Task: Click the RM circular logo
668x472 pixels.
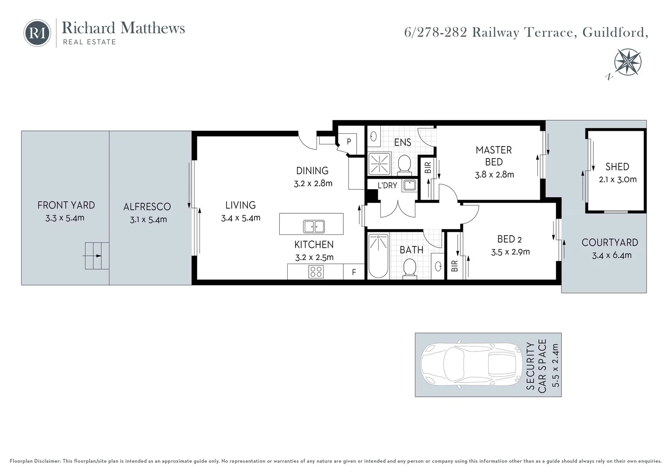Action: [37, 33]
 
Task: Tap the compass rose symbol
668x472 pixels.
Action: [627, 62]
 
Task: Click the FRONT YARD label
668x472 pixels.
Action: [66, 205]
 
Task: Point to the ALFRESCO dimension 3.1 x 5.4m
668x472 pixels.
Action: [148, 219]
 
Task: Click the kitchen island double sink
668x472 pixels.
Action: [314, 226]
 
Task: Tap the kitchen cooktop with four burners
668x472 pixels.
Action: [316, 272]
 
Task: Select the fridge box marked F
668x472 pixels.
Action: [354, 272]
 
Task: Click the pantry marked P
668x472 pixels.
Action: [349, 142]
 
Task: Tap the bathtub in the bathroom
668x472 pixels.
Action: [378, 256]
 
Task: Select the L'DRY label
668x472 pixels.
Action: [387, 185]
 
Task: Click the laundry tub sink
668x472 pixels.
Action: [410, 185]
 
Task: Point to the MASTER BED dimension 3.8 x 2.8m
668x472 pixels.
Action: [494, 174]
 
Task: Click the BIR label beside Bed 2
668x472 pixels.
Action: [454, 265]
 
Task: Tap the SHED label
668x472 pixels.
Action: [617, 167]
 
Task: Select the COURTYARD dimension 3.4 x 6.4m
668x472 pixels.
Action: [612, 255]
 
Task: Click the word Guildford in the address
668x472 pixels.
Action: [615, 32]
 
